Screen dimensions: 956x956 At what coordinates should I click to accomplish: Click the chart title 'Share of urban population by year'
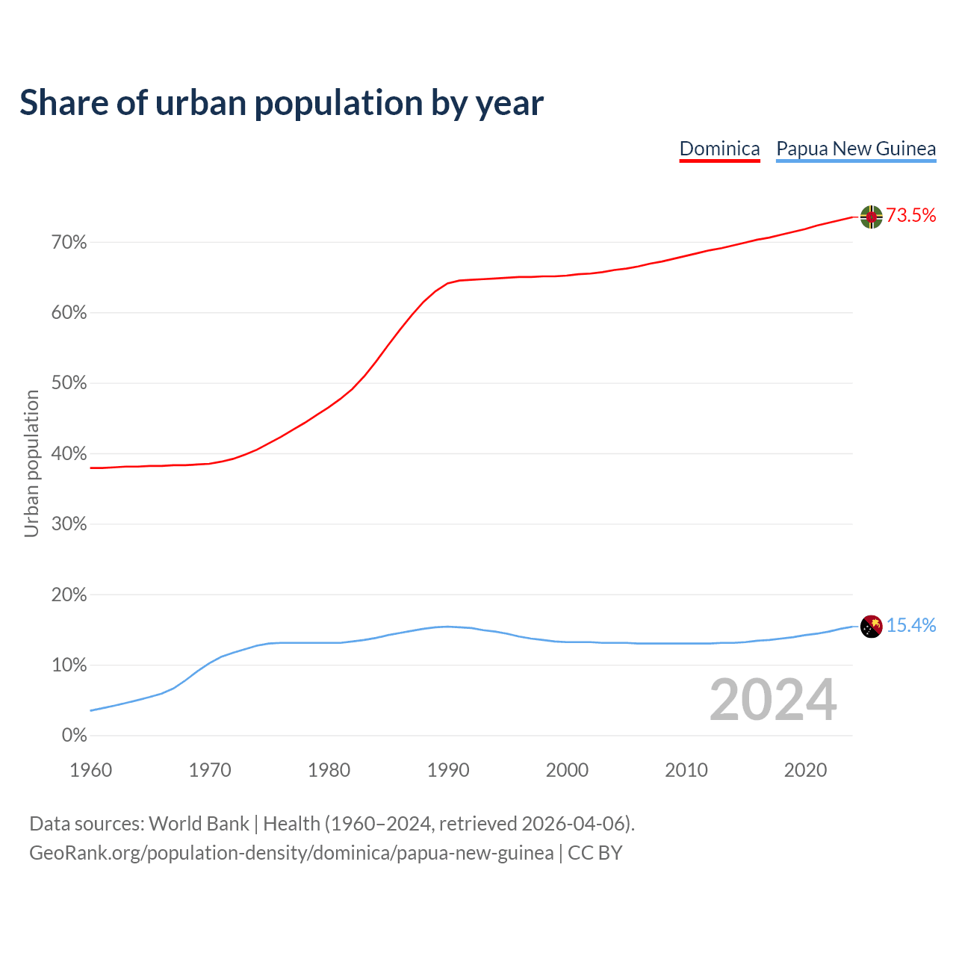(x=282, y=103)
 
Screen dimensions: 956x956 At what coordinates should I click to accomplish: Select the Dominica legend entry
(x=719, y=149)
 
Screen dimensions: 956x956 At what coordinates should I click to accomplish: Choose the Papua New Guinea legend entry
(x=856, y=149)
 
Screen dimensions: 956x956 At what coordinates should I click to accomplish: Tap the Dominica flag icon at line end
(x=871, y=217)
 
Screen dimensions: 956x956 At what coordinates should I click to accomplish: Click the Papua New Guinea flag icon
(x=871, y=626)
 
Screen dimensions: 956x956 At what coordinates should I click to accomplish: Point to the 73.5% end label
(x=910, y=216)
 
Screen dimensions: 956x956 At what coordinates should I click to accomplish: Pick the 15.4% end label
(x=910, y=626)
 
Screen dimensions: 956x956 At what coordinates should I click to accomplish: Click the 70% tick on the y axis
(x=69, y=243)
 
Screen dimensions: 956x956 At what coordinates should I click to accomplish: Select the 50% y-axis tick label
(x=69, y=384)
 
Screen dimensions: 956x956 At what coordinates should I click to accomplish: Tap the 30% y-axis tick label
(x=69, y=524)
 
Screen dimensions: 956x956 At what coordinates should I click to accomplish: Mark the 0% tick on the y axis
(x=74, y=736)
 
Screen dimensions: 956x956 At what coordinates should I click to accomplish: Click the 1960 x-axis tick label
(x=91, y=770)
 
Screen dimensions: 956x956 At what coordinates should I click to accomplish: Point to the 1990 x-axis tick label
(x=448, y=770)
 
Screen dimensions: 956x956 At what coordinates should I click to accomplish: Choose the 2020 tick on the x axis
(x=805, y=770)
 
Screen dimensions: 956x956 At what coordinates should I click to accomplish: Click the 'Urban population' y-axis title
(x=31, y=464)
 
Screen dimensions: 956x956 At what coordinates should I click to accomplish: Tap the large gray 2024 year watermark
(x=772, y=700)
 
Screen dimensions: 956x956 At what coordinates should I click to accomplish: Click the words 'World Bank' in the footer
(x=199, y=824)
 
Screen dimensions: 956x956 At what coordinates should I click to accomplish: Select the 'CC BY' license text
(x=595, y=853)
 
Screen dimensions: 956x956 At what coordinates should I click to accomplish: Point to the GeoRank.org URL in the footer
(x=291, y=853)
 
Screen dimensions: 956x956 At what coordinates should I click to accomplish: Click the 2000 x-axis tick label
(x=567, y=770)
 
